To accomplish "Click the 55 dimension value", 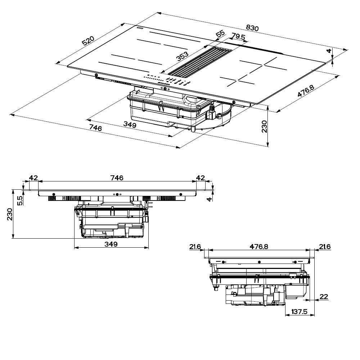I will click(220, 34).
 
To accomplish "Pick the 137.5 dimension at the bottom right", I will click(300, 311).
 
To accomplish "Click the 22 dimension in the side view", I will click(324, 297).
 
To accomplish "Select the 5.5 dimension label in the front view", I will click(20, 200).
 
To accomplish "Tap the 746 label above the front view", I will click(117, 177).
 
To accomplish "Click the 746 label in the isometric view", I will click(95, 128).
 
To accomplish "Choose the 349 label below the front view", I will click(111, 244).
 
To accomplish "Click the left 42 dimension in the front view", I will click(33, 177).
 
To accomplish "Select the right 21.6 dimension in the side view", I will click(325, 247).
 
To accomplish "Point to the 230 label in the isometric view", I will click(264, 127).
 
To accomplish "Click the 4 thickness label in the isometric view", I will click(328, 51).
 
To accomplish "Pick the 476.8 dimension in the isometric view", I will click(303, 91).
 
